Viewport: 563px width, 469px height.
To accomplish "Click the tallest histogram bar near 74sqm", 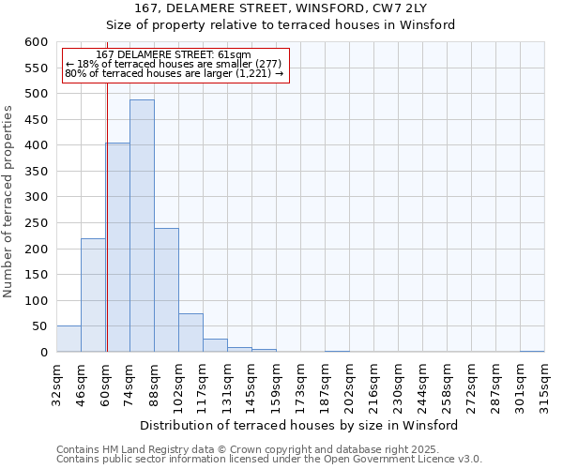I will (142, 225).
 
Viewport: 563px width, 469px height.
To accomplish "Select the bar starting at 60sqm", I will (117, 248).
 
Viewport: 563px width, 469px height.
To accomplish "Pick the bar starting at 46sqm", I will (93, 295).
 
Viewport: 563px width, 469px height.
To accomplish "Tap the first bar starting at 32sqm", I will (68, 340).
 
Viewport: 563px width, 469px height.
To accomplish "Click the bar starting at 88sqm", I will (166, 290).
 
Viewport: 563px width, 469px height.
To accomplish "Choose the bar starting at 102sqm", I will (190, 333).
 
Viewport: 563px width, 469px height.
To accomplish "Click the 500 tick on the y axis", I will (36, 94).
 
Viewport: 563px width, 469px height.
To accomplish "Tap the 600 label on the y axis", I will (36, 42).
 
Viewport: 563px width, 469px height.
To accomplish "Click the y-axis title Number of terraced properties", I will (8, 201).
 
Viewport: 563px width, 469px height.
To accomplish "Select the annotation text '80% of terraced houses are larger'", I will (174, 72).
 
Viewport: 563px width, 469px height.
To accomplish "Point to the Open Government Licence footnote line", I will (269, 459).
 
